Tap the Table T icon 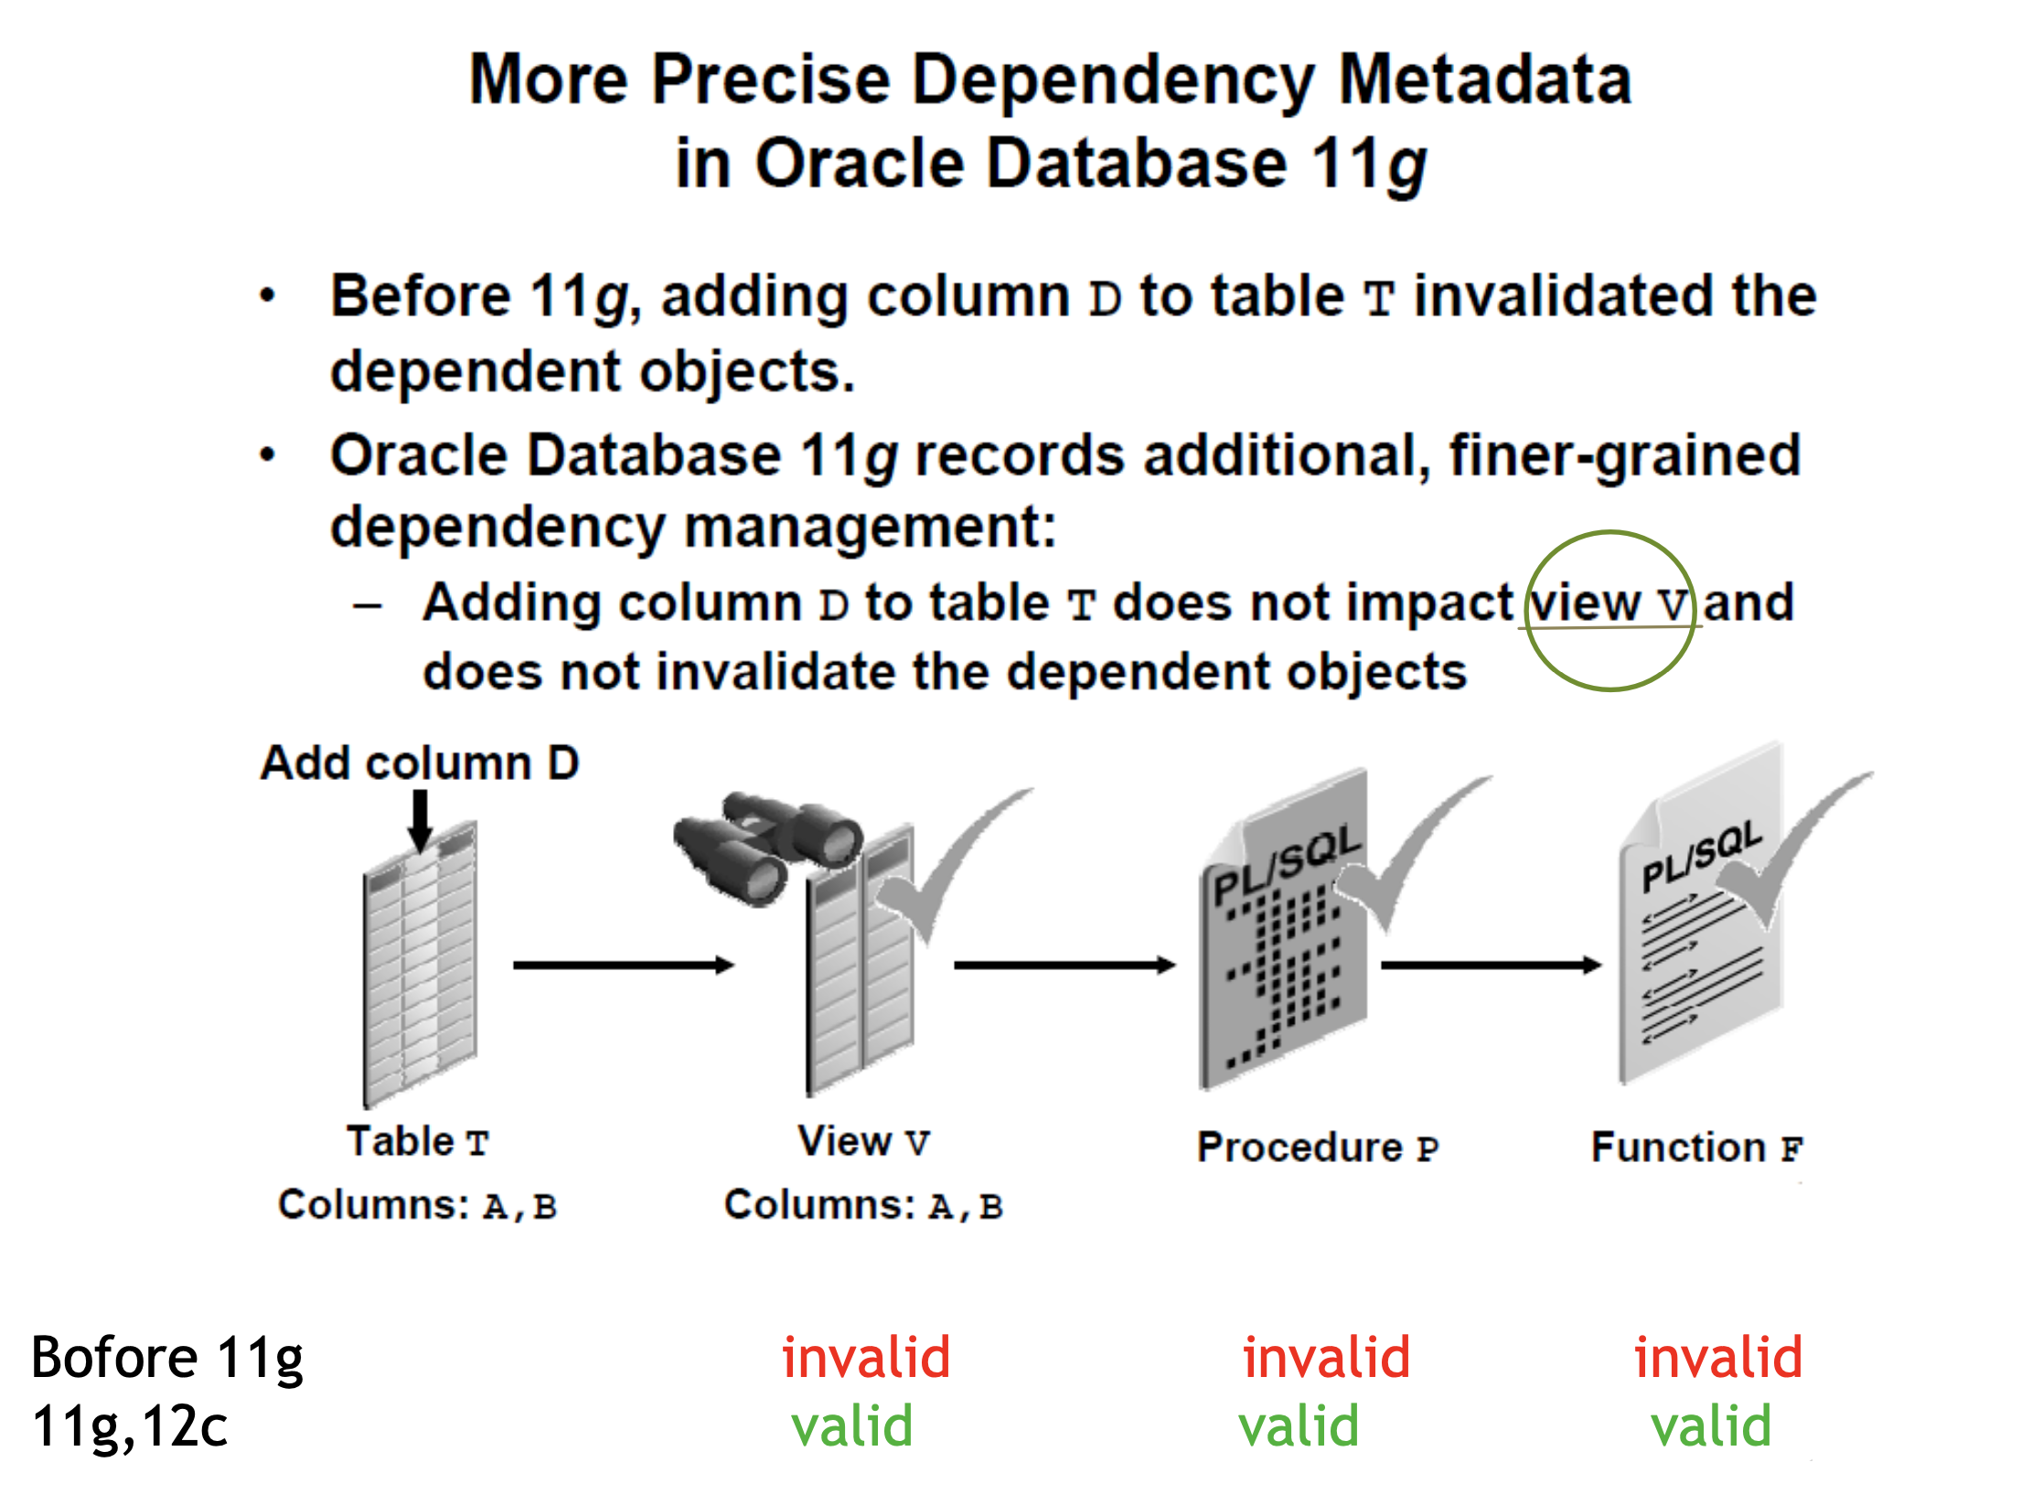[x=420, y=965]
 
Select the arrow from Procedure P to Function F [x=1491, y=965]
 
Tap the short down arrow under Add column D [x=420, y=819]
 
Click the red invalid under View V [x=866, y=1357]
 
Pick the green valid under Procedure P [x=1299, y=1426]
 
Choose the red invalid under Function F [x=1718, y=1357]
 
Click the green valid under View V [x=852, y=1426]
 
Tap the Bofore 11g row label [x=167, y=1357]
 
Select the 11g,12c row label [x=130, y=1426]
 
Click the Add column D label [x=420, y=763]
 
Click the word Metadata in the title [x=1485, y=80]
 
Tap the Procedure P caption [x=1318, y=1147]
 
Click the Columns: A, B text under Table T [x=418, y=1205]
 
